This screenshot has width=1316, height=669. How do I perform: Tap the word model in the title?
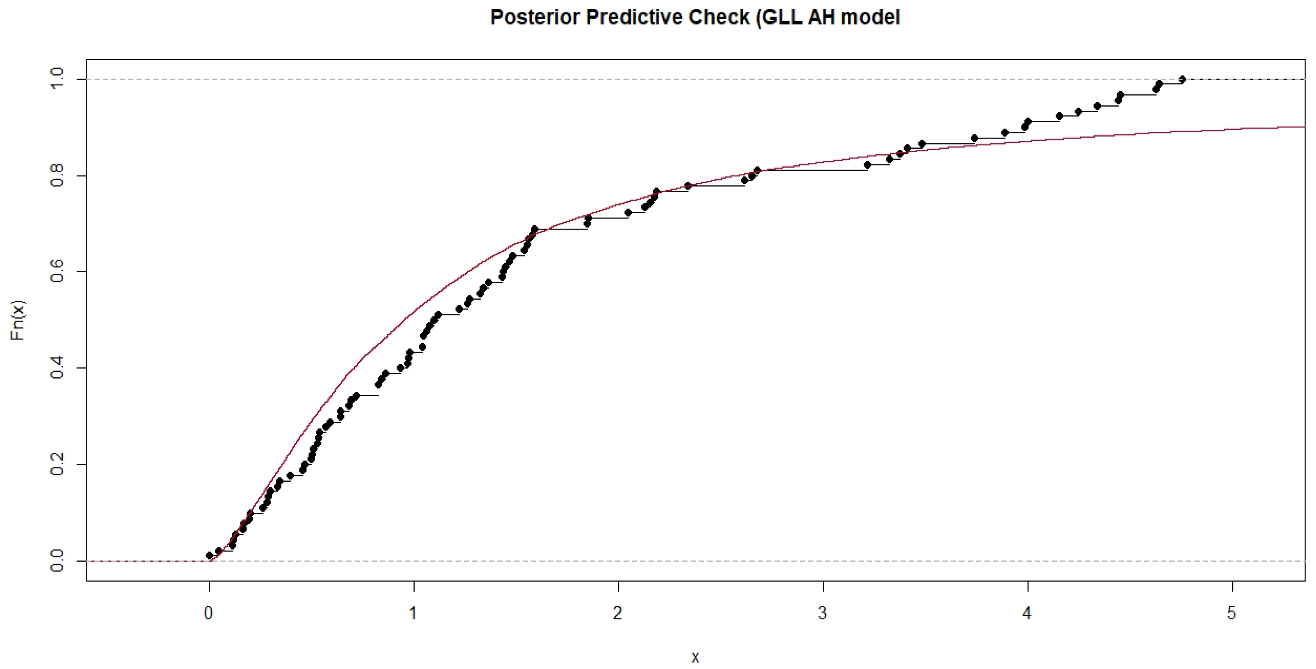click(870, 17)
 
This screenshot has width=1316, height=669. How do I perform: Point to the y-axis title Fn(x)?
click(18, 320)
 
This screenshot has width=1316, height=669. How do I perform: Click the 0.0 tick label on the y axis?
click(57, 561)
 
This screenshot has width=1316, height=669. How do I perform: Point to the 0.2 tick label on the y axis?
click(57, 464)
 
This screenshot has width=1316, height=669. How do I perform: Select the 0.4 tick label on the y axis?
click(57, 368)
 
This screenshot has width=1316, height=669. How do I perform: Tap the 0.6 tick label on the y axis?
click(57, 272)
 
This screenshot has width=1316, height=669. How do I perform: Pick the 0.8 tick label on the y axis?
click(57, 175)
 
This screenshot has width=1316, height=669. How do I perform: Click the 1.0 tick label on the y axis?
click(57, 79)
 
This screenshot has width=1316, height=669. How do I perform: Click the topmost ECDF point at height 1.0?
click(1182, 79)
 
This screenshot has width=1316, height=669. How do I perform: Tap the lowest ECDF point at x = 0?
click(209, 556)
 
